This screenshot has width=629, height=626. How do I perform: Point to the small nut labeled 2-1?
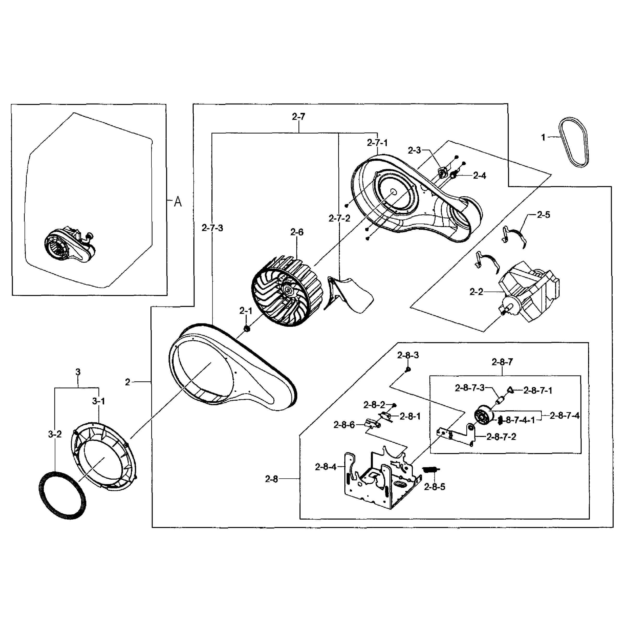pyautogui.click(x=246, y=329)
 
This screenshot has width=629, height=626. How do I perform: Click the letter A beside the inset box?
pyautogui.click(x=178, y=202)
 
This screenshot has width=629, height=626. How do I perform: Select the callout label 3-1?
pyautogui.click(x=98, y=401)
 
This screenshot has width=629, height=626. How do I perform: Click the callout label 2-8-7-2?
pyautogui.click(x=501, y=437)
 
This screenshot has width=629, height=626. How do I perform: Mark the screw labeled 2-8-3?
pyautogui.click(x=408, y=369)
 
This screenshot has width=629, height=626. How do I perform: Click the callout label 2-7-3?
pyautogui.click(x=212, y=228)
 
